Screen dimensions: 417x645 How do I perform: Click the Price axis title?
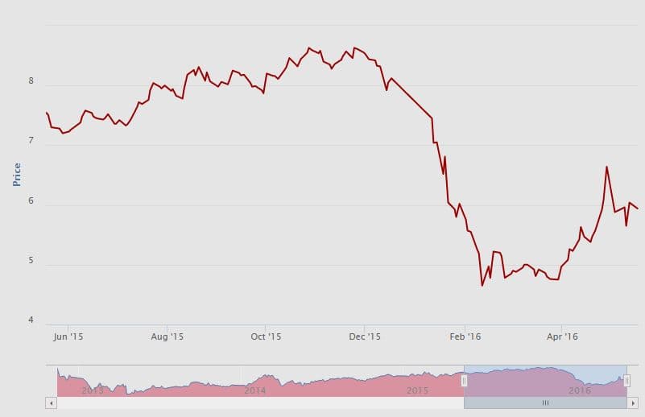pyautogui.click(x=17, y=174)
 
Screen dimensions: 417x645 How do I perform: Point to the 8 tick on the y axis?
pyautogui.click(x=31, y=81)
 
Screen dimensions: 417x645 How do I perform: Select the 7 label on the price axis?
pyautogui.click(x=31, y=141)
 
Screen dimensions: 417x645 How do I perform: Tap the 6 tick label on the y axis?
pyautogui.click(x=31, y=200)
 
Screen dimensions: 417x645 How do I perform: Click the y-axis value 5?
pyautogui.click(x=31, y=261)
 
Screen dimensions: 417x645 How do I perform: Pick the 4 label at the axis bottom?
pyautogui.click(x=31, y=320)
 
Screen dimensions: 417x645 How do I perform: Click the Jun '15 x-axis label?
pyautogui.click(x=69, y=336)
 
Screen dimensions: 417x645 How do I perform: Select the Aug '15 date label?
pyautogui.click(x=168, y=336)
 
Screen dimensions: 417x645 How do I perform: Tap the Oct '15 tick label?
pyautogui.click(x=266, y=336)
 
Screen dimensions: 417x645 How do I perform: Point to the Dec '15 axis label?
pyautogui.click(x=365, y=336)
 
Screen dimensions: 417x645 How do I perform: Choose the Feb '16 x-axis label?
pyautogui.click(x=465, y=336)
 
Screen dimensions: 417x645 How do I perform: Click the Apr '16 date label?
pyautogui.click(x=562, y=336)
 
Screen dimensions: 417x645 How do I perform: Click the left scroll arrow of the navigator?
pyautogui.click(x=51, y=402)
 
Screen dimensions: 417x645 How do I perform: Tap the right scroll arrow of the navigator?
pyautogui.click(x=633, y=402)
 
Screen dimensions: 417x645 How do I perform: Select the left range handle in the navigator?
pyautogui.click(x=464, y=381)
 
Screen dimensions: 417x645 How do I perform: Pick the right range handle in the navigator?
pyautogui.click(x=626, y=381)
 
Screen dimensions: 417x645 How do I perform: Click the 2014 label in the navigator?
pyautogui.click(x=255, y=390)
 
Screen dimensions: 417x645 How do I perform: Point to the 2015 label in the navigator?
pyautogui.click(x=417, y=390)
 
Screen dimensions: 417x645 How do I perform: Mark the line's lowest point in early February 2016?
pyautogui.click(x=482, y=285)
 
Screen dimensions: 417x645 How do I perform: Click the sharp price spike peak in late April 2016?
pyautogui.click(x=606, y=167)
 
